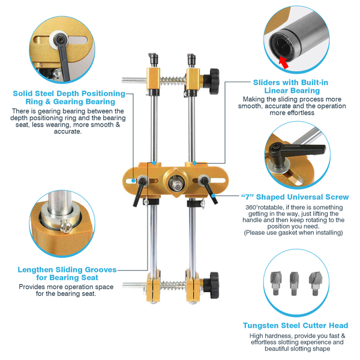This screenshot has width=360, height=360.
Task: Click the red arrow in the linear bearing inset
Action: [284, 62]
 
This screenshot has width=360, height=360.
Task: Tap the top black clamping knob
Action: [213, 81]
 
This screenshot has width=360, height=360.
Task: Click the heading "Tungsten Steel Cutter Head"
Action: [295, 325]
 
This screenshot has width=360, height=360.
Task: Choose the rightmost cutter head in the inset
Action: [314, 283]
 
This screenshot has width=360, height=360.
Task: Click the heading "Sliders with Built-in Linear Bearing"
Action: [291, 86]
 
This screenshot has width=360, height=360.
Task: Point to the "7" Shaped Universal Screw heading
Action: [295, 197]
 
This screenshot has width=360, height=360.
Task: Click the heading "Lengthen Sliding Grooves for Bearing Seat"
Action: [67, 274]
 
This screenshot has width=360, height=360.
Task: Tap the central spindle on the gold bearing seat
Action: [176, 183]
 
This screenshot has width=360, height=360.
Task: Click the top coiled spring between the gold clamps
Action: [173, 80]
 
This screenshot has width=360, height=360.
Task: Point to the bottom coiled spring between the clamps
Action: [173, 286]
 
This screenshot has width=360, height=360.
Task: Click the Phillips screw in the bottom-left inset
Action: [66, 226]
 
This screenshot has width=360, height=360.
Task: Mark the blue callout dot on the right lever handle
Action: [213, 196]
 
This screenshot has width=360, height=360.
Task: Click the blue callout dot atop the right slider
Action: [194, 163]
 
